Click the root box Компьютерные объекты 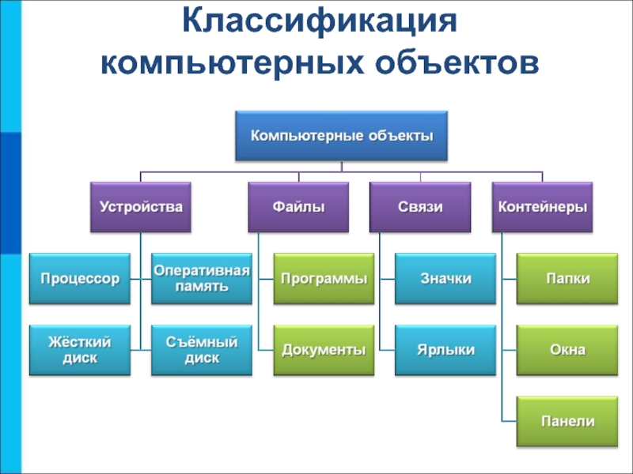coord(342,136)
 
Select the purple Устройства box coord(141,207)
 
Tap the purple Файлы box coord(298,207)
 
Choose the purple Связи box coord(420,207)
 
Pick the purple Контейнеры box coord(543,207)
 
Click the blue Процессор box coord(80,279)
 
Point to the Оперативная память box coord(202,279)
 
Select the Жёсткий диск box coord(80,350)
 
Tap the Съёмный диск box coord(202,350)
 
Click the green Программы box coord(324,279)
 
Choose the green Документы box coord(324,350)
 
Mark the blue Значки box coord(445,279)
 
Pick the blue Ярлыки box coord(445,350)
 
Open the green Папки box coord(567,279)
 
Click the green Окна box coord(567,350)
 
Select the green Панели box coord(567,422)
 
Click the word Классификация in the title coord(320,22)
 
